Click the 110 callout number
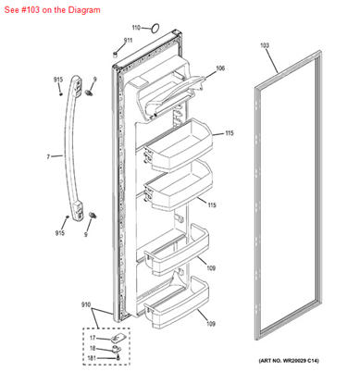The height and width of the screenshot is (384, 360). click(x=136, y=29)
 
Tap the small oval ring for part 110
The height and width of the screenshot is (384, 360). click(x=154, y=29)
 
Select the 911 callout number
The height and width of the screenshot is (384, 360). click(x=128, y=43)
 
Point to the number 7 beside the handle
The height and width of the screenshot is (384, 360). click(x=48, y=157)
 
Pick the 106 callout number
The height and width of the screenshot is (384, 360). click(x=220, y=68)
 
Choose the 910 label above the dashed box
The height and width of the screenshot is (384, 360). click(x=86, y=304)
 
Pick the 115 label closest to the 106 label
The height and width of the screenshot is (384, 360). click(x=229, y=133)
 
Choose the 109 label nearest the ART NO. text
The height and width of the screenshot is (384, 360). click(x=211, y=324)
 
